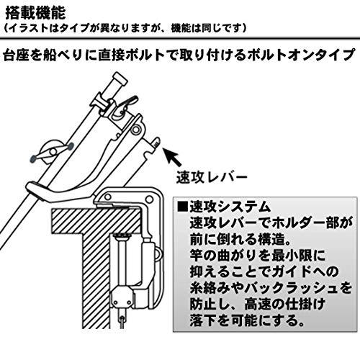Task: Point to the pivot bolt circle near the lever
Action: point(137,130)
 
